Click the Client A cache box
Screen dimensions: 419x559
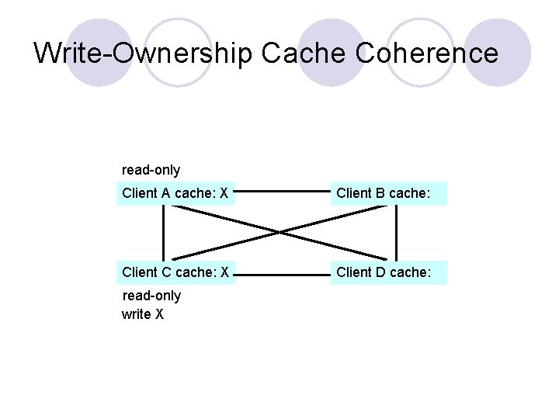(175, 193)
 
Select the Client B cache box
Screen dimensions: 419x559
(389, 193)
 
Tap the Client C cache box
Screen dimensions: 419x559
(175, 272)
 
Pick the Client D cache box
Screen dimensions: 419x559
(389, 272)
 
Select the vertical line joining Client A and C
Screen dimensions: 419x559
(163, 233)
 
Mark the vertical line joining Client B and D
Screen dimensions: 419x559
(397, 233)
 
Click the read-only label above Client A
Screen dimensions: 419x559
(151, 169)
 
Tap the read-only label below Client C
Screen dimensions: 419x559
(151, 296)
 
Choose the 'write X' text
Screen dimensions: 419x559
(142, 314)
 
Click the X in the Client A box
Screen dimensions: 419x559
(224, 193)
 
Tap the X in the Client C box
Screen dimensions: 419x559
(224, 272)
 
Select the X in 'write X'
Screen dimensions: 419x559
(158, 314)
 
